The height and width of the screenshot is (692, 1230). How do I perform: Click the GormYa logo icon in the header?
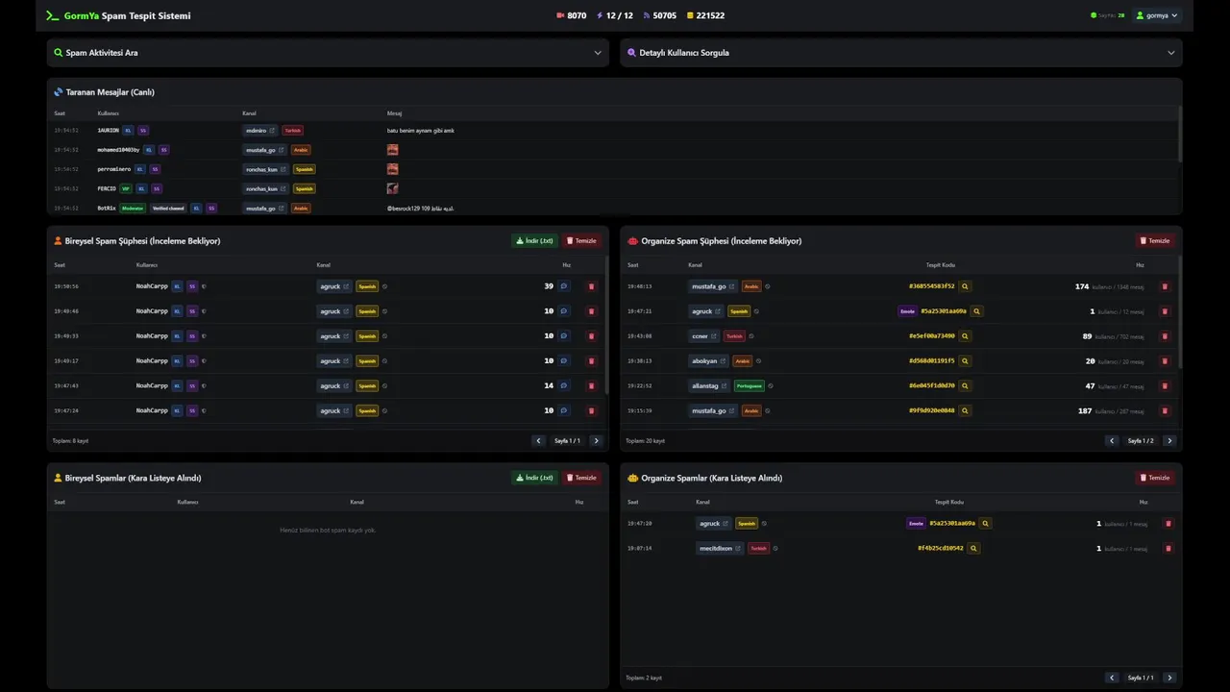[53, 15]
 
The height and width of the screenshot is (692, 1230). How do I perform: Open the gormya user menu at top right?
[1157, 15]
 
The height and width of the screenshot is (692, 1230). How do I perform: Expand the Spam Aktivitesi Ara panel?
[328, 53]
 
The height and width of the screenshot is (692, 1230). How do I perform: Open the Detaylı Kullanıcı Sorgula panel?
[900, 53]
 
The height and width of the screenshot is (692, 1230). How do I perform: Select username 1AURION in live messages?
[108, 131]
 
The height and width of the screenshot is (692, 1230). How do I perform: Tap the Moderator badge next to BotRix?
[133, 208]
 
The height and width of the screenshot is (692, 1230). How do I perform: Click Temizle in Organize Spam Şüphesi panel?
[1155, 241]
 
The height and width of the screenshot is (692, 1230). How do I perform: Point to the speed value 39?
[549, 286]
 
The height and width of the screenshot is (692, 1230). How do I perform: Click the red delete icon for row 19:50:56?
[591, 286]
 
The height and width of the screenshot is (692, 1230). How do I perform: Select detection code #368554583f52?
[931, 286]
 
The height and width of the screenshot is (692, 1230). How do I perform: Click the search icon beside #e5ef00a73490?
[965, 336]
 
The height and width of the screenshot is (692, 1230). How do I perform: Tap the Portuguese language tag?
[749, 385]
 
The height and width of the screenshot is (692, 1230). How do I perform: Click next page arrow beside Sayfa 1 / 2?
[1169, 441]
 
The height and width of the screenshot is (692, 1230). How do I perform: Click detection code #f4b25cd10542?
[940, 549]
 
